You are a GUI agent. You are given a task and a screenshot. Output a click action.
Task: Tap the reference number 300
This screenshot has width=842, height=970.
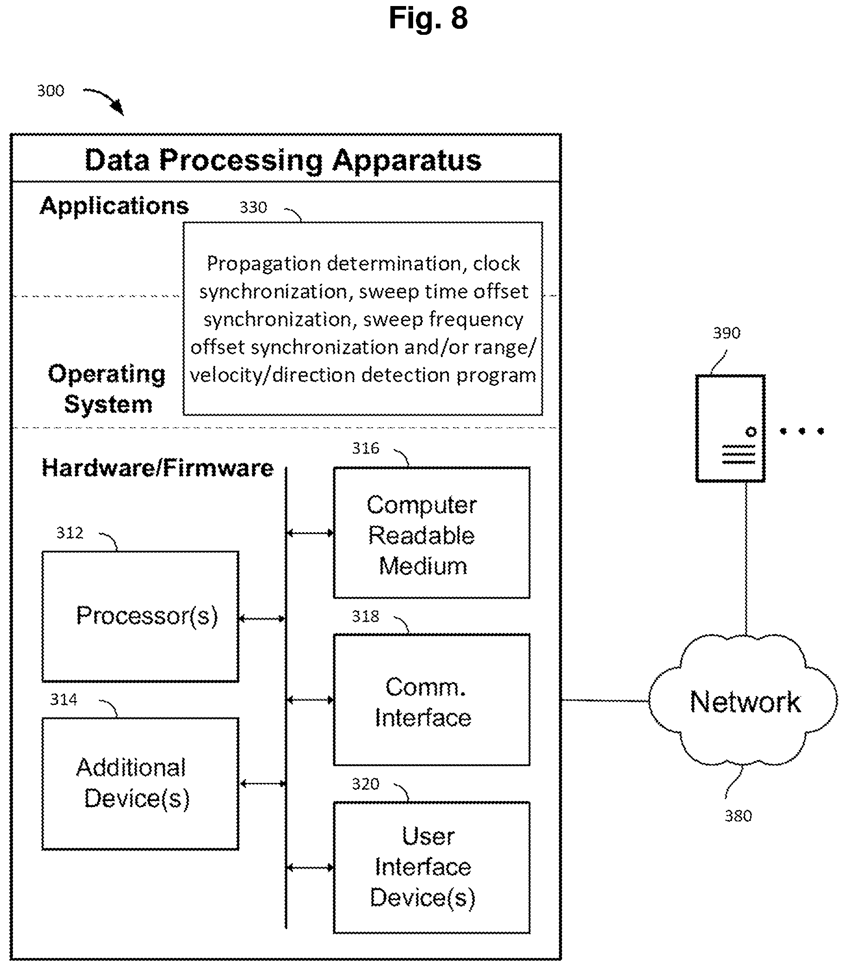tap(50, 91)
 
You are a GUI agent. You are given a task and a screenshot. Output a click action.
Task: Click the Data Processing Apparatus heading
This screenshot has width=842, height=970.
tap(283, 160)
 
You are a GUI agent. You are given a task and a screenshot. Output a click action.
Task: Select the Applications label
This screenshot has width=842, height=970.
tap(114, 206)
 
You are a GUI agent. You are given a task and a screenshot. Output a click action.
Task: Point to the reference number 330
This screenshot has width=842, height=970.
tap(253, 207)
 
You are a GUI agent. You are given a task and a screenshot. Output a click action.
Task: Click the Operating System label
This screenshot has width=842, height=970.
tap(107, 389)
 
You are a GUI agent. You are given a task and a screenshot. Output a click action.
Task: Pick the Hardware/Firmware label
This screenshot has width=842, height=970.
tap(157, 468)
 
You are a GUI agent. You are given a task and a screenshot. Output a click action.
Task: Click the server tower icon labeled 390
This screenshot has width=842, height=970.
tap(731, 428)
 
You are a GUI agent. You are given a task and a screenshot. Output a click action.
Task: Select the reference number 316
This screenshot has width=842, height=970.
tap(366, 449)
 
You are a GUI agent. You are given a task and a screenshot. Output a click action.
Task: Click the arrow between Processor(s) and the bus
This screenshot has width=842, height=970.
tap(262, 618)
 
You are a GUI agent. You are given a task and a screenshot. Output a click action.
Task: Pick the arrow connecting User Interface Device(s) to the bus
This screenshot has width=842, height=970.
tap(310, 867)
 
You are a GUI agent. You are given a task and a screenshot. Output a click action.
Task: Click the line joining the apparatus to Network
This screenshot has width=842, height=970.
tap(605, 700)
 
